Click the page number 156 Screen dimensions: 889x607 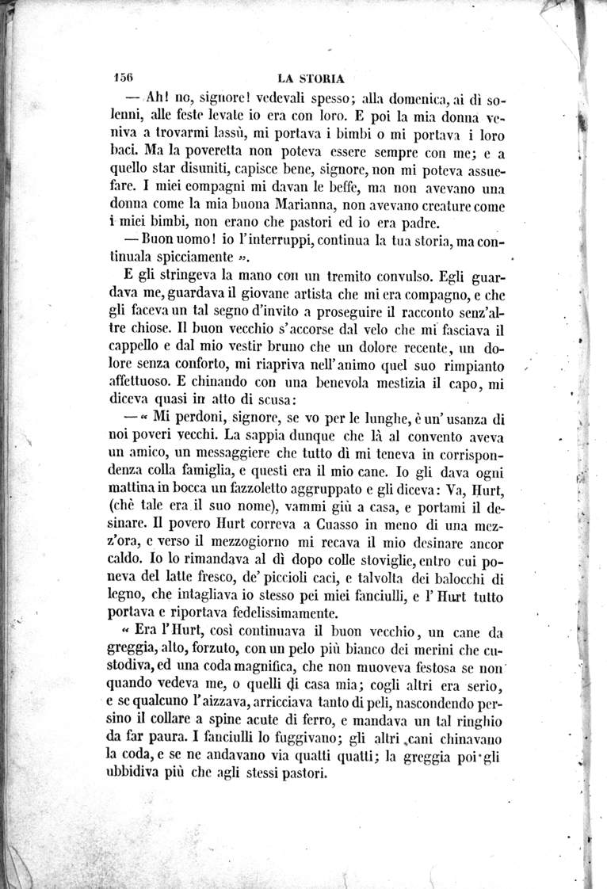point(122,78)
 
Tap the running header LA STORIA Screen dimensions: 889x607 point(311,78)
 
